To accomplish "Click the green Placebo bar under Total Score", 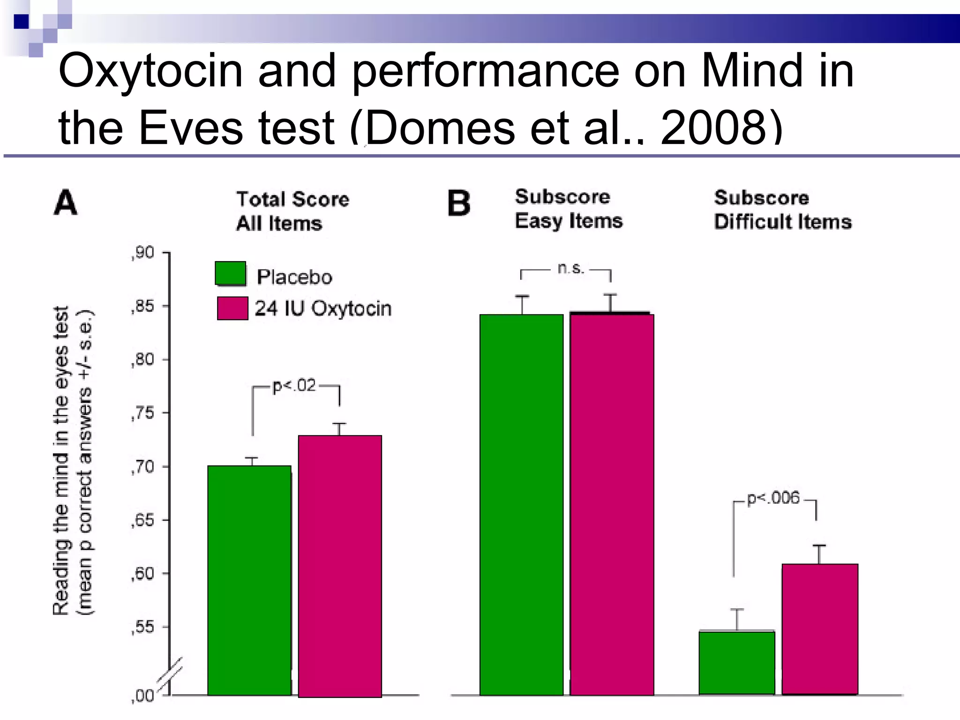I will pos(249,580).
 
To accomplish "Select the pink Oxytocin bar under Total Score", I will pos(340,566).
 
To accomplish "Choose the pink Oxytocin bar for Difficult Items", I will pos(820,629).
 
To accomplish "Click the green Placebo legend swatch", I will pos(230,274).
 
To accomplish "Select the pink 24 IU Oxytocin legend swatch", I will pos(232,308).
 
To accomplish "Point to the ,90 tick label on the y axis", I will pos(142,253).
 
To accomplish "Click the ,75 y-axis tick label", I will pos(142,413).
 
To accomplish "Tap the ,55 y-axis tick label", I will pos(142,627).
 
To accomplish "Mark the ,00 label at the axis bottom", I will pos(142,696).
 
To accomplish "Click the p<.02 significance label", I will pos(294,386).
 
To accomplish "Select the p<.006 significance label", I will pos(773,498).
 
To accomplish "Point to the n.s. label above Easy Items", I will pos(571,268).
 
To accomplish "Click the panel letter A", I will pos(66,202).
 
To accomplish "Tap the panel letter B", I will pos(458,203).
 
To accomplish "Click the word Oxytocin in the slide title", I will pos(150,71).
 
